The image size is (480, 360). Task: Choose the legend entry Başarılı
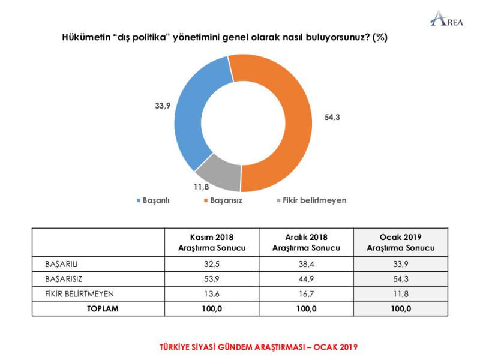(x=154, y=200)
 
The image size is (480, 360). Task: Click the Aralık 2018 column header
(x=306, y=242)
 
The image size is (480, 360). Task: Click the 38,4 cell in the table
(x=306, y=263)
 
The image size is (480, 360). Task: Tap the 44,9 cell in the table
(x=306, y=279)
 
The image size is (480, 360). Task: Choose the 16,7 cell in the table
(x=306, y=294)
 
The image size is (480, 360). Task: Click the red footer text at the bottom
(x=258, y=347)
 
